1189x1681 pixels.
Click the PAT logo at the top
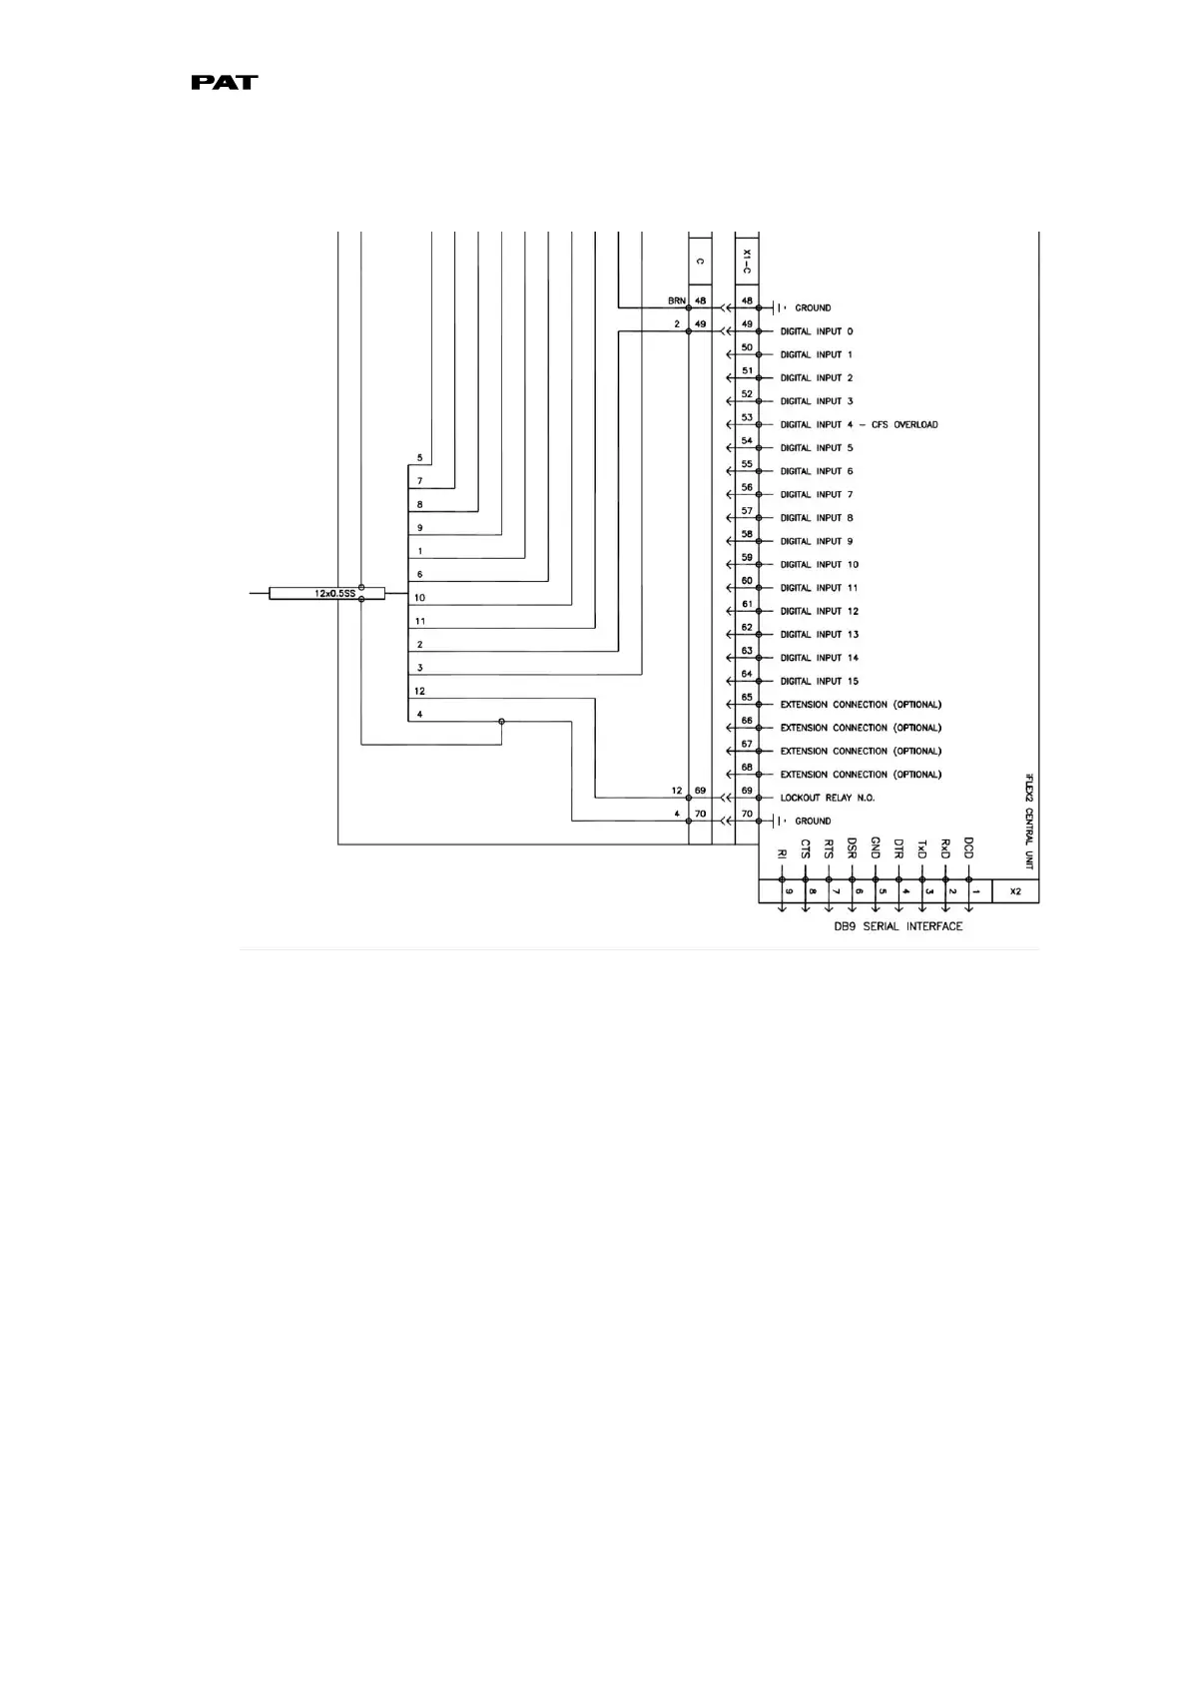click(x=225, y=83)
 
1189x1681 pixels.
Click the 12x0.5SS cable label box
click(x=327, y=593)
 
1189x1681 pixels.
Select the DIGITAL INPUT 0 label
click(x=817, y=331)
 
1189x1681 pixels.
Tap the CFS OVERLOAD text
click(x=904, y=424)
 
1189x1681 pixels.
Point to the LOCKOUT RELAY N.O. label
click(x=827, y=798)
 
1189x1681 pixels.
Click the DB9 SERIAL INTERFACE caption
click(x=898, y=926)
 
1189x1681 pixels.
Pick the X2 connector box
click(x=1015, y=891)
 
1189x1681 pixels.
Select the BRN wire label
click(x=676, y=300)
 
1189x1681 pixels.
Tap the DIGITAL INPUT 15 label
click(x=819, y=681)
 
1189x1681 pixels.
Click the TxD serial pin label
click(x=922, y=849)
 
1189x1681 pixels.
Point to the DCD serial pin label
click(x=968, y=848)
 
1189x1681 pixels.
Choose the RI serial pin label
click(x=782, y=854)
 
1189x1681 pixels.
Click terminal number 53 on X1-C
click(x=747, y=418)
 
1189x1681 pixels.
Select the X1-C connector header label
click(x=747, y=262)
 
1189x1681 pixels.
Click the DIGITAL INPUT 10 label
click(x=819, y=564)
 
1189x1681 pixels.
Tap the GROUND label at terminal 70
click(x=813, y=821)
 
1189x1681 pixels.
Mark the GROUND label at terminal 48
click(x=813, y=307)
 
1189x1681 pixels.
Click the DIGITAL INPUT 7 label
click(x=817, y=494)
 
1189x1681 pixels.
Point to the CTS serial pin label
click(x=806, y=849)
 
